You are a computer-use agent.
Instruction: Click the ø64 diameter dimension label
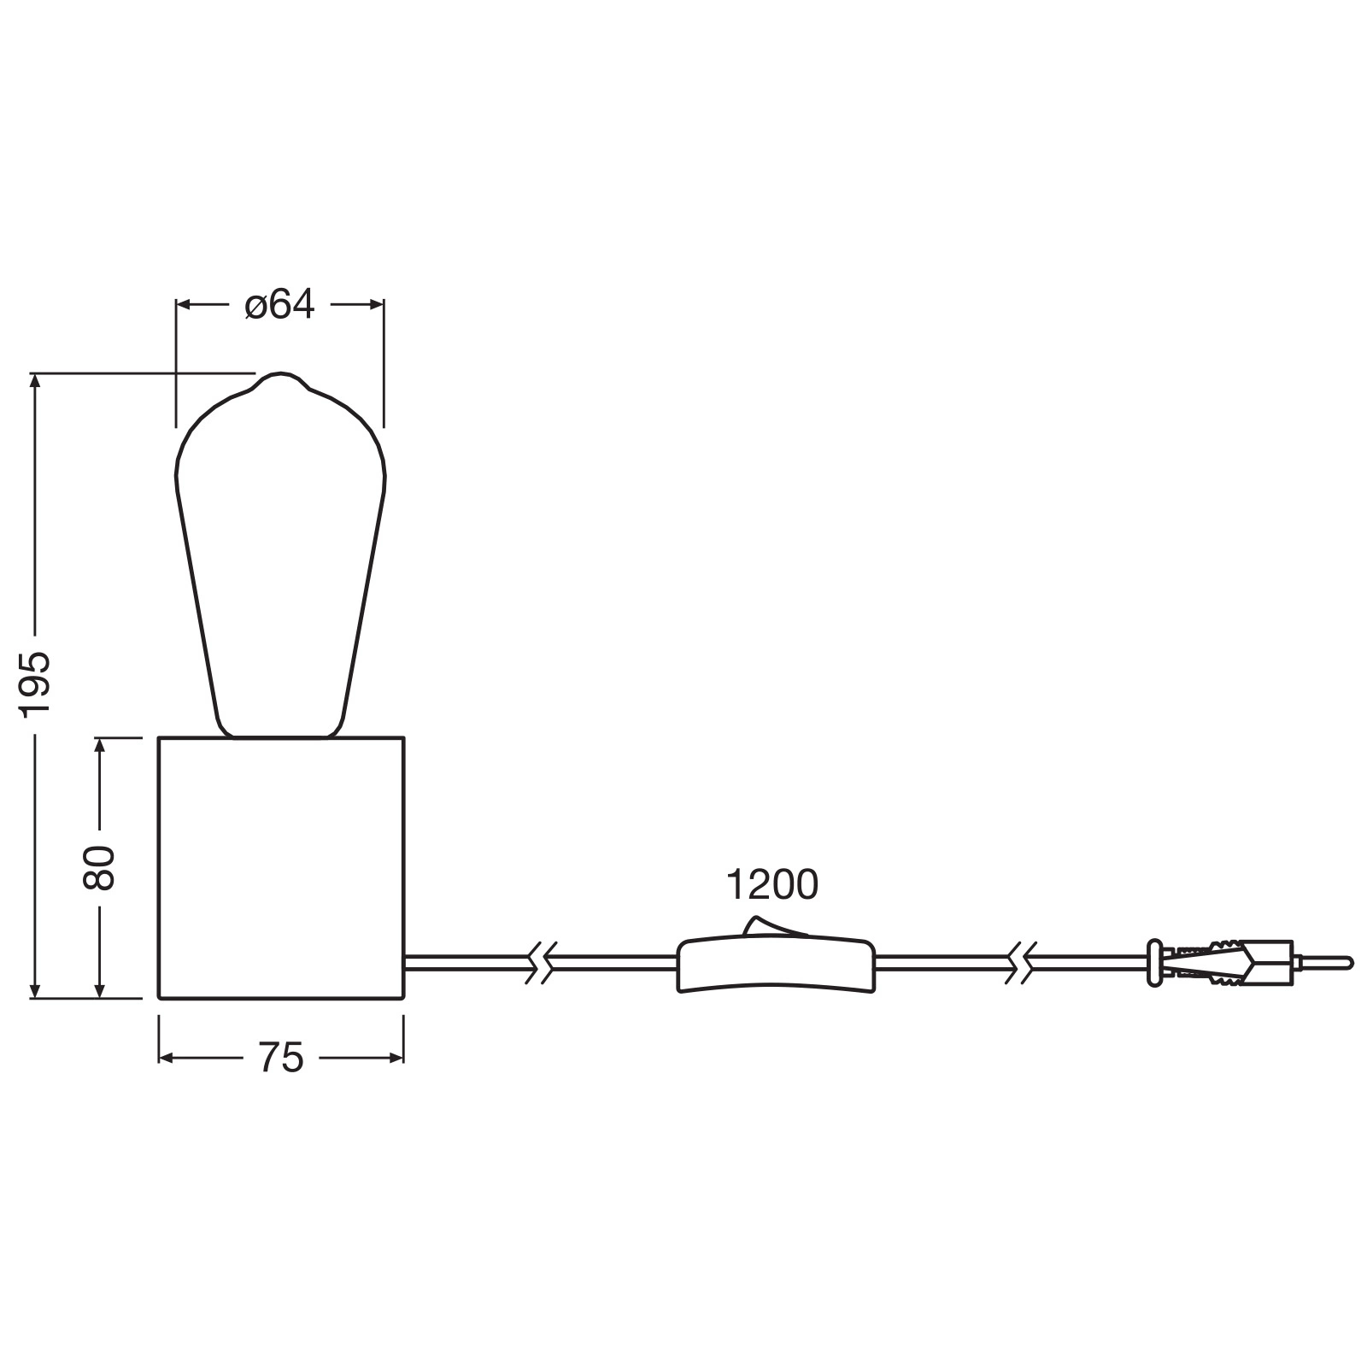279,304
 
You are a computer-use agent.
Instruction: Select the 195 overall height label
37,686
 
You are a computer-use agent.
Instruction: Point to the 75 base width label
281,1059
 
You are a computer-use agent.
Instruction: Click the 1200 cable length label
772,885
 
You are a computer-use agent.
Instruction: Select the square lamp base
281,867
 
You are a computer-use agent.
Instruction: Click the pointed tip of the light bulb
281,373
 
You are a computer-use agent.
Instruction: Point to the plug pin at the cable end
1323,963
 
